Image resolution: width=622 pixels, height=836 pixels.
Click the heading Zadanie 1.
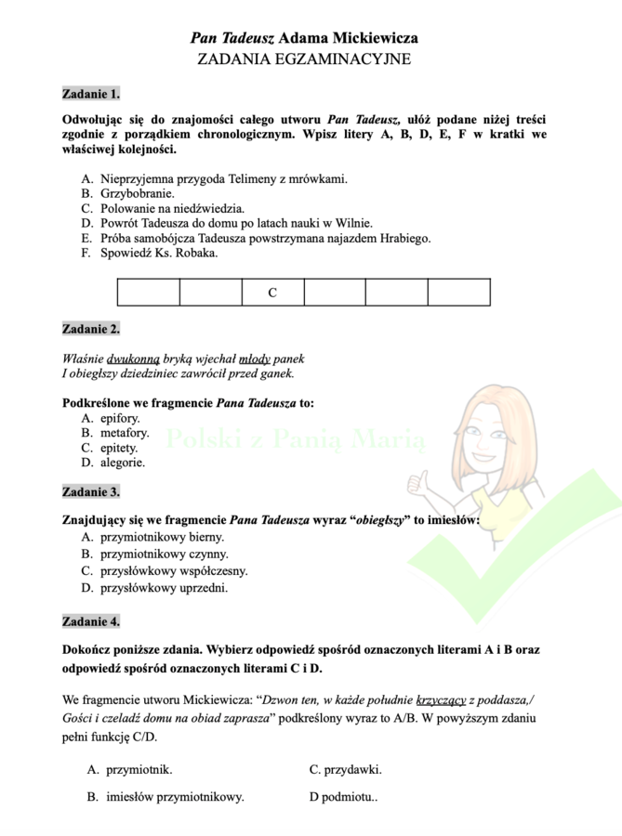[90, 94]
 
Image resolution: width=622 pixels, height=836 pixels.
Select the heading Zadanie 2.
[90, 329]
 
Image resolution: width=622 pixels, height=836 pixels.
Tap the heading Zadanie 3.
[90, 491]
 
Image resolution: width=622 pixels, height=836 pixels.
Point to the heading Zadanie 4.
[90, 620]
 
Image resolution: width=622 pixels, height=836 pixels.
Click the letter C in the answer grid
[272, 293]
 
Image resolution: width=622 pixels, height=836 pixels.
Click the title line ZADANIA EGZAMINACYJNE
[304, 59]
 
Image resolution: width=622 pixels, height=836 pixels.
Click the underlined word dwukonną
[134, 359]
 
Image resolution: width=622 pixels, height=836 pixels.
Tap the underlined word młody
[255, 359]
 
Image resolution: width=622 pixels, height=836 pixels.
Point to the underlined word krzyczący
[442, 701]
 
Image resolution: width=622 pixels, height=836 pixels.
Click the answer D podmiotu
[343, 796]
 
